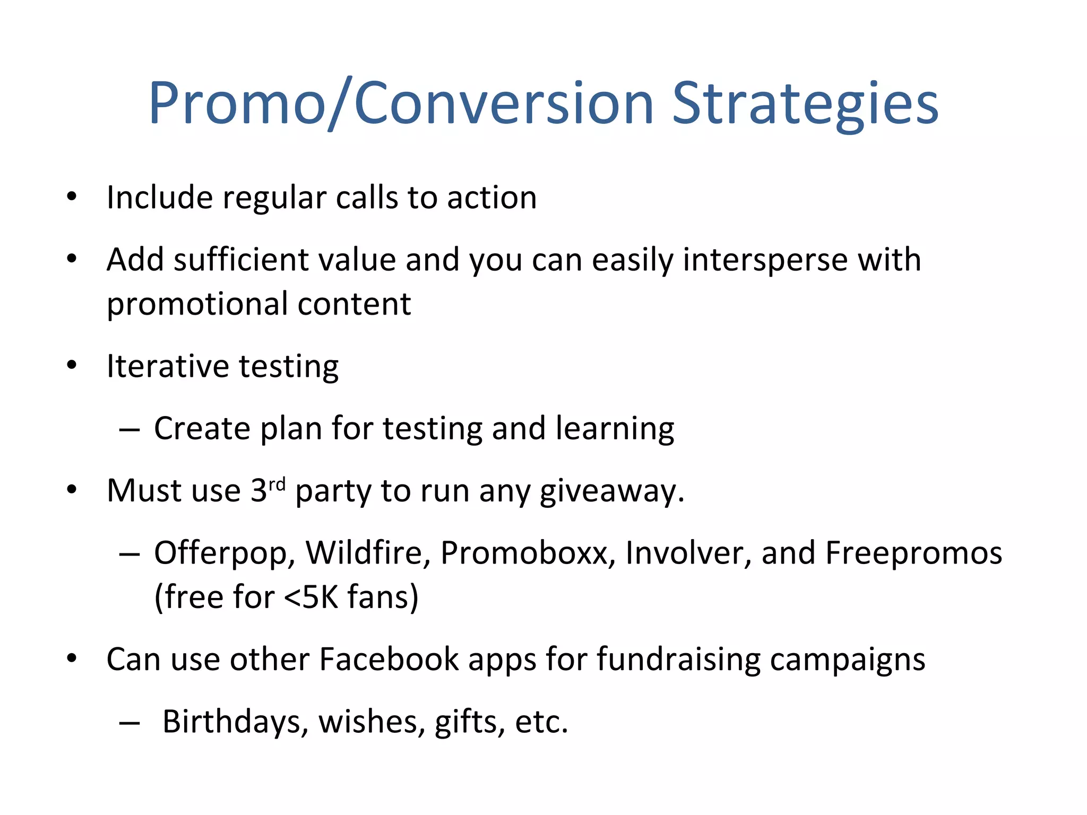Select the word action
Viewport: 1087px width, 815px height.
point(491,198)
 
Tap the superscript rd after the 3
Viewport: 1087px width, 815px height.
point(277,483)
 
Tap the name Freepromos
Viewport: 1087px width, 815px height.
point(913,553)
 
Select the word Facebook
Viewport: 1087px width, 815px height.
point(389,660)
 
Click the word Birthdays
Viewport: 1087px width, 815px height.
point(235,722)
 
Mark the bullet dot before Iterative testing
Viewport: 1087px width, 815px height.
point(72,366)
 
